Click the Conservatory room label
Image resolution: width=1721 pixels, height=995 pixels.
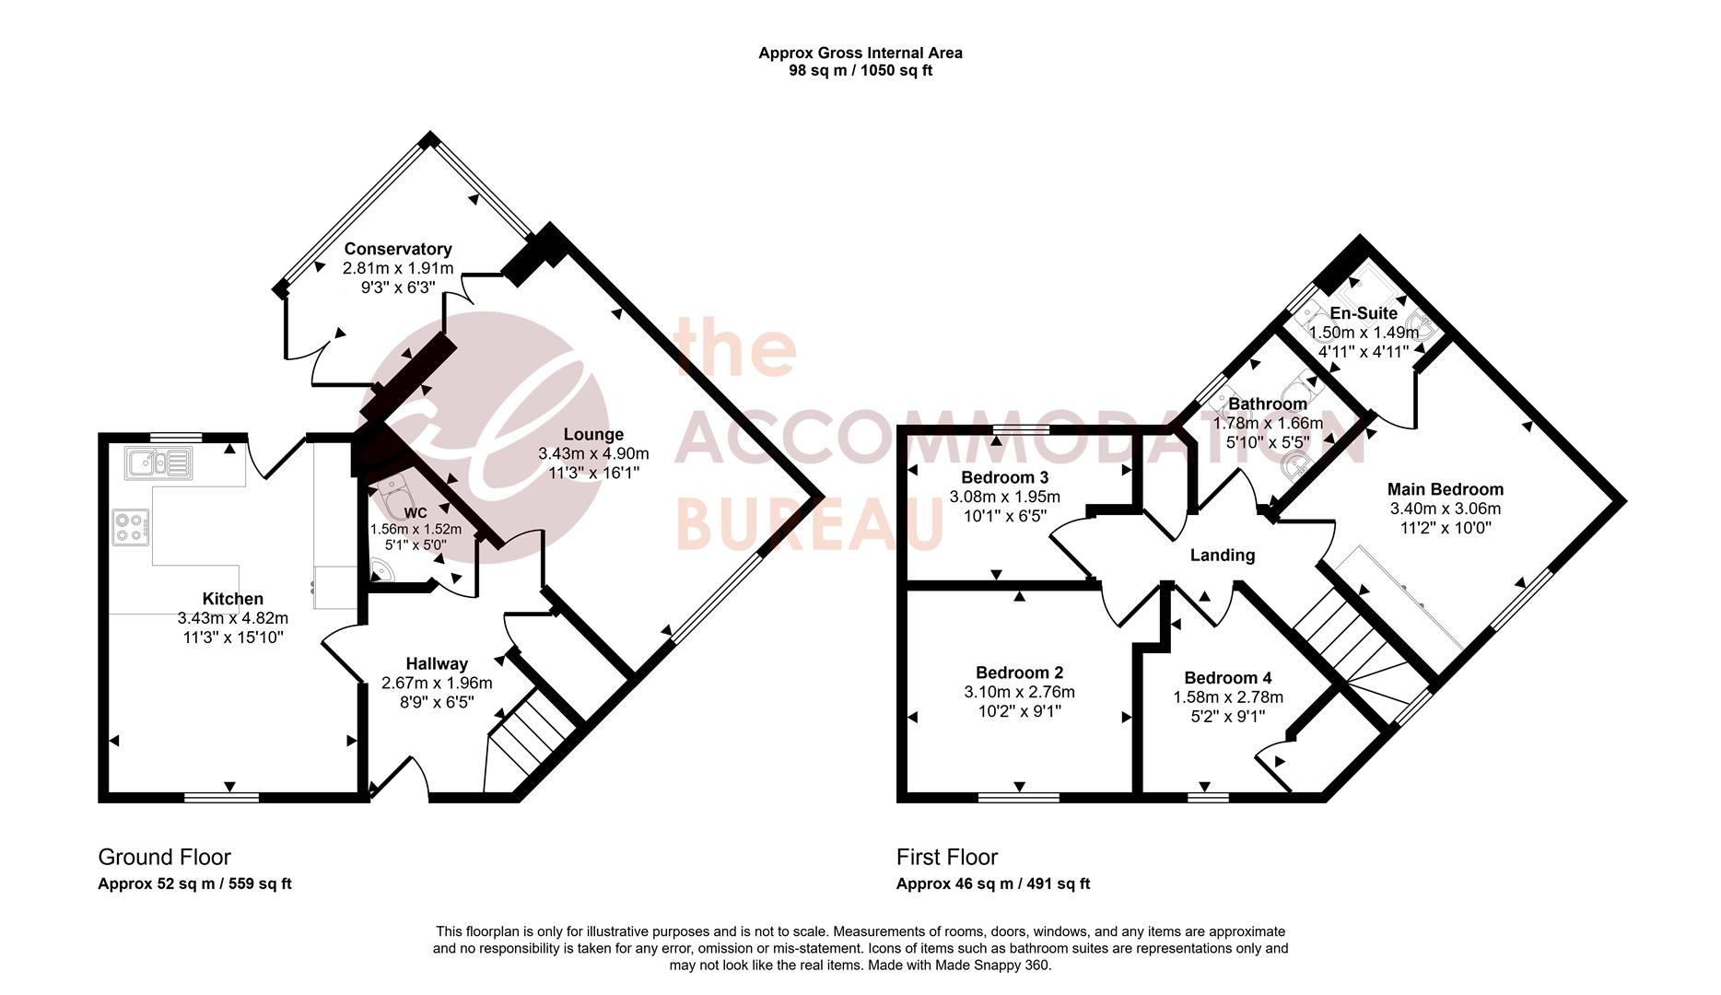(398, 249)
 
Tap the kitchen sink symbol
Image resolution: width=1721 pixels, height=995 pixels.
(159, 462)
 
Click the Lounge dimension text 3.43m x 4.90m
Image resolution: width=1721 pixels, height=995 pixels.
(593, 453)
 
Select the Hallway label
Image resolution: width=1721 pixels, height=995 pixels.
(437, 663)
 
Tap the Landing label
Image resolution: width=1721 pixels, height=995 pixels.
(1222, 555)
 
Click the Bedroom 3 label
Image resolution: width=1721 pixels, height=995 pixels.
(1004, 477)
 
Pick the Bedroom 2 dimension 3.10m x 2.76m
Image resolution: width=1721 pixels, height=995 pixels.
(1019, 692)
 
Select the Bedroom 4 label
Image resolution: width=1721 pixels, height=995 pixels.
(1227, 677)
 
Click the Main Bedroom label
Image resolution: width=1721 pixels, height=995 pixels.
(1445, 489)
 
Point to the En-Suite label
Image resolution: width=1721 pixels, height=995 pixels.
(1364, 313)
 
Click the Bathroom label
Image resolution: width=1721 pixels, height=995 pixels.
(1267, 404)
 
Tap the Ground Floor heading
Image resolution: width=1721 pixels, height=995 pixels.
(164, 857)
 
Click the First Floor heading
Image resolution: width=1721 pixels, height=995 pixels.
(946, 857)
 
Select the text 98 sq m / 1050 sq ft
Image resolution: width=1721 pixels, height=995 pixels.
(860, 70)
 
